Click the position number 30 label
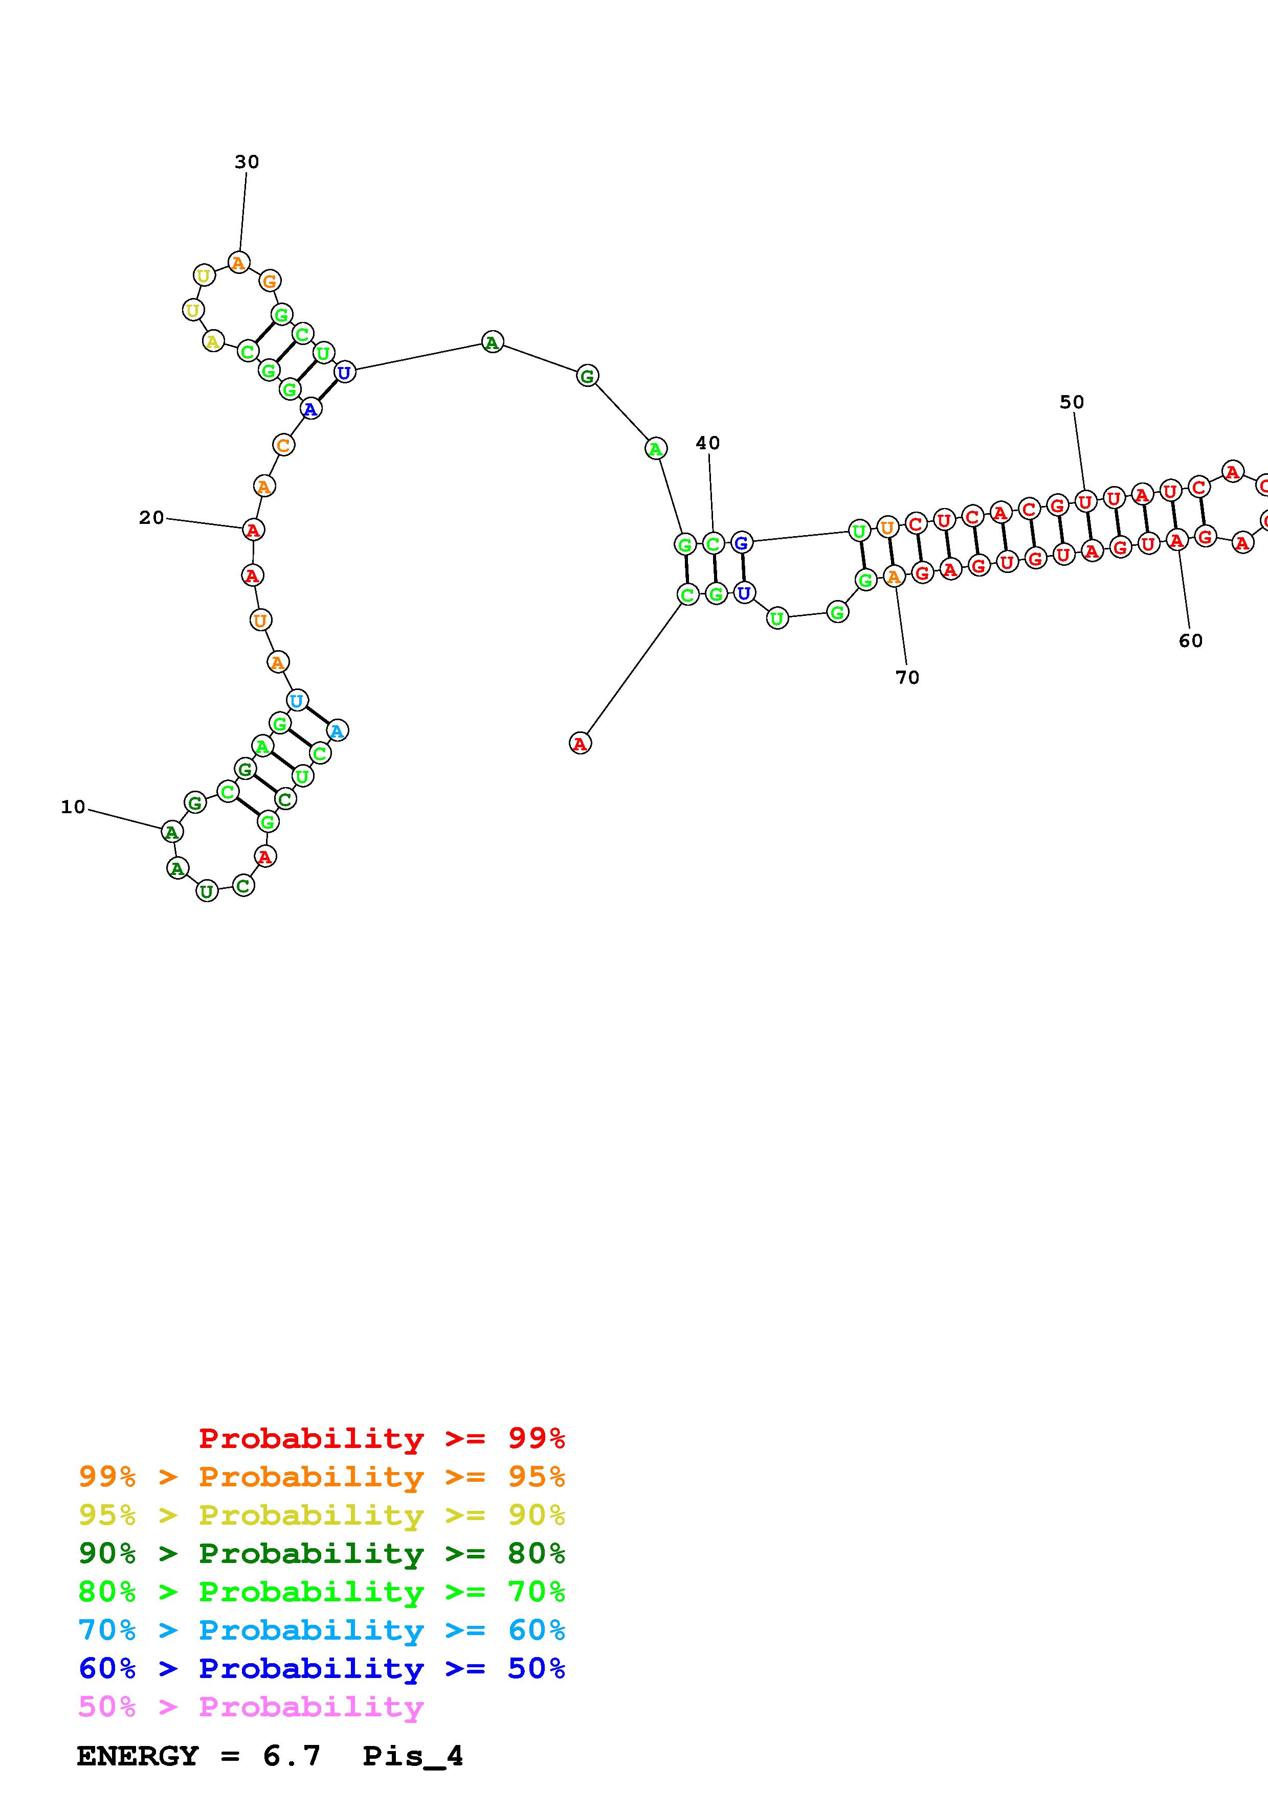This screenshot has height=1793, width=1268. click(247, 162)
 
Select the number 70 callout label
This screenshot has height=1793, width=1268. click(907, 677)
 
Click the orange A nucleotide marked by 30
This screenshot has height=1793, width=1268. click(239, 262)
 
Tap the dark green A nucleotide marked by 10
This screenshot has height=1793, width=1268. click(172, 833)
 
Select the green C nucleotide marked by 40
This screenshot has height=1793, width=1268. click(713, 543)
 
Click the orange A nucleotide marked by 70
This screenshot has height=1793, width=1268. click(894, 577)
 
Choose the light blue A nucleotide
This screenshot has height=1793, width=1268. click(337, 731)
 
